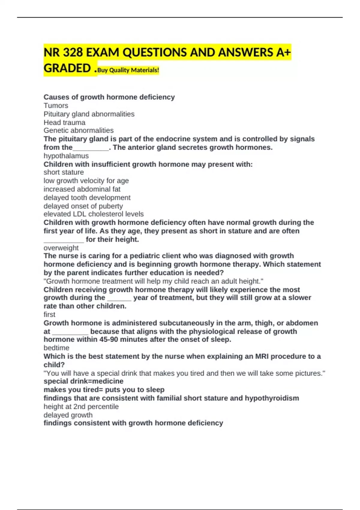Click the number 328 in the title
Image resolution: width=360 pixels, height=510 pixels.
[x=73, y=52]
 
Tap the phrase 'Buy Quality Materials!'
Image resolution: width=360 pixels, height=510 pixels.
[x=128, y=70]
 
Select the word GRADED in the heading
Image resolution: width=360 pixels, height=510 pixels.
[x=67, y=68]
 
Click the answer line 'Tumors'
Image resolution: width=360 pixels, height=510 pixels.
[x=56, y=106]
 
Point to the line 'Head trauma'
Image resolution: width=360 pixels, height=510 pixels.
[x=64, y=122]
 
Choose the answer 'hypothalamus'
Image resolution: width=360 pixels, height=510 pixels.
[x=66, y=156]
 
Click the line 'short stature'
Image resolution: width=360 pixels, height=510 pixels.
[x=64, y=172]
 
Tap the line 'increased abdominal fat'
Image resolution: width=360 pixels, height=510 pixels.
[x=82, y=189]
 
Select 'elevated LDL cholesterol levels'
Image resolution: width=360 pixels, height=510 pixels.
[x=94, y=214]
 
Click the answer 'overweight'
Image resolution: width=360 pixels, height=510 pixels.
[x=61, y=248]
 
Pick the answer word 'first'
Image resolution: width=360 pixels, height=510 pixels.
[x=49, y=314]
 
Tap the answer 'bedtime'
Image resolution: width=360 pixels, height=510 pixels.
[x=56, y=348]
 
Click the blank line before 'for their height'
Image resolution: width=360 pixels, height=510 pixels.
[x=64, y=240]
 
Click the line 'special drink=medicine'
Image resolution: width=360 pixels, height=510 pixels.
[x=83, y=381]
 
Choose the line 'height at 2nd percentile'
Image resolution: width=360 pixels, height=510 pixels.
[x=81, y=406]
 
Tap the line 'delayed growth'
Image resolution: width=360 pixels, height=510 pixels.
[x=68, y=415]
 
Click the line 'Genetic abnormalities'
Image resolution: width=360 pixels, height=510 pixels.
[x=79, y=130]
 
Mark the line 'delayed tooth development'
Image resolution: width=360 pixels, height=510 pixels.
[x=87, y=198]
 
